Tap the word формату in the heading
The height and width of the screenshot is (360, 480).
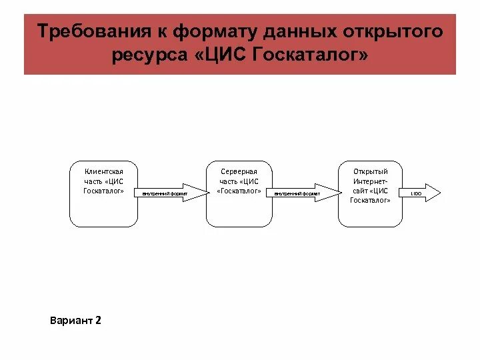pyautogui.click(x=211, y=32)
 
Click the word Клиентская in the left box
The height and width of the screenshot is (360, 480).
pyautogui.click(x=104, y=172)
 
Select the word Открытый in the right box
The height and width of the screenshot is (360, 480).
pyautogui.click(x=370, y=172)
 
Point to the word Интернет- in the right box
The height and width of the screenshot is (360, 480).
pyautogui.click(x=370, y=181)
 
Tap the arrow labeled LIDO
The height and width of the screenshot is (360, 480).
pyautogui.click(x=420, y=193)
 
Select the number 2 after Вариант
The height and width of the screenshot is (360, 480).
pyautogui.click(x=98, y=321)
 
